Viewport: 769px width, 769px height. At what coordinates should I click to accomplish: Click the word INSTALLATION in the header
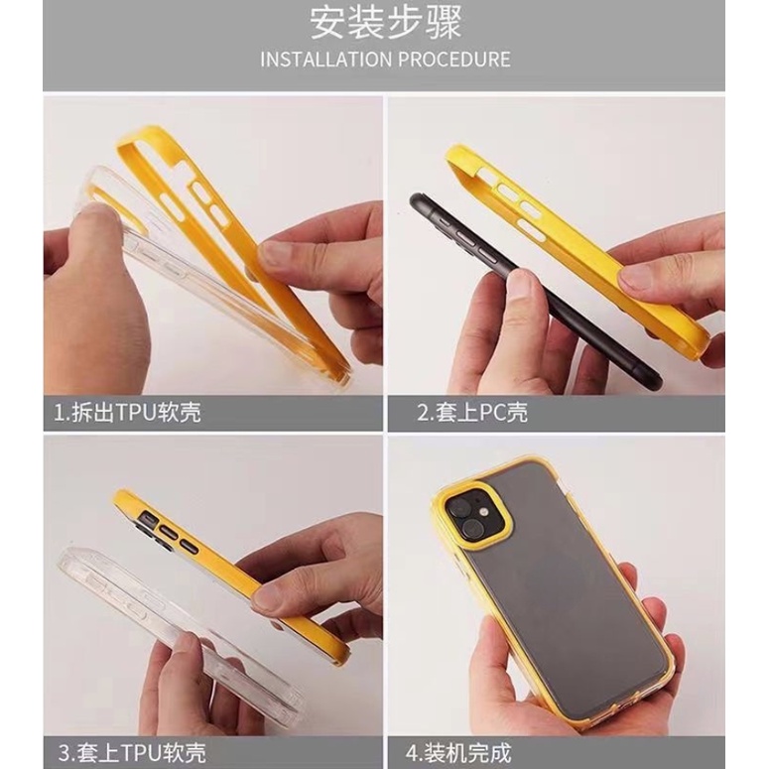click(326, 60)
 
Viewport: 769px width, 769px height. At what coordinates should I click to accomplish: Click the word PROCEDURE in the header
click(454, 60)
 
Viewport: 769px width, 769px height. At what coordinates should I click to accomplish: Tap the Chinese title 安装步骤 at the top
click(385, 23)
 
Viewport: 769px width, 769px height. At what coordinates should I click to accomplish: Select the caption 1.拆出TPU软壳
click(128, 413)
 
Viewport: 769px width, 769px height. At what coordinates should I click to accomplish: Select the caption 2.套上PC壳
click(472, 413)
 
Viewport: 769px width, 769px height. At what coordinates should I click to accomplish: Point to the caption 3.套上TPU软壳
click(132, 752)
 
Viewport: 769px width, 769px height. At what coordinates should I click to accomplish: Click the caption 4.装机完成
click(458, 752)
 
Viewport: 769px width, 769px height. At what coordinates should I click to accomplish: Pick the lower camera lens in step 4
click(473, 529)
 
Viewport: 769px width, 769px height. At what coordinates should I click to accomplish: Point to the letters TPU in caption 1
click(136, 413)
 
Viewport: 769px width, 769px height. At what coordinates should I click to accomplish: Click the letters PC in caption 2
click(492, 413)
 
